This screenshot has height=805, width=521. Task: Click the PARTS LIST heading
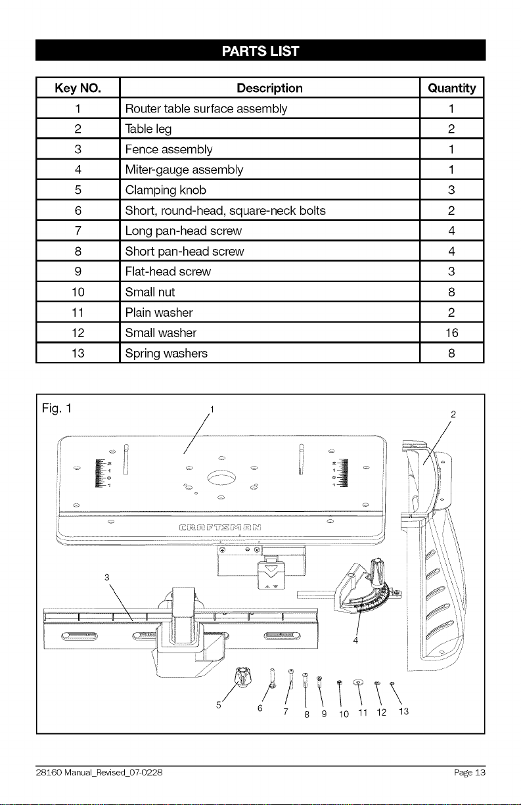260,51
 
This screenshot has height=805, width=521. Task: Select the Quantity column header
451,88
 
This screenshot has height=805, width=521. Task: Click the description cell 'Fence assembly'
168,150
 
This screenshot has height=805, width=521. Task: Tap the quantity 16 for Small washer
451,333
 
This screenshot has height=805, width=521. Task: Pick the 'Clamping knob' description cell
166,190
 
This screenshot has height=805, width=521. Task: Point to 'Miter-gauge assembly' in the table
184,170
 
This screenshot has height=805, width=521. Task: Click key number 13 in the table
78,354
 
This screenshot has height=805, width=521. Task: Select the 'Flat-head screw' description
168,271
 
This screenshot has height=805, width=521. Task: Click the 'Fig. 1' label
57,408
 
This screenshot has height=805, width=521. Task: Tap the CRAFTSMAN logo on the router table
220,528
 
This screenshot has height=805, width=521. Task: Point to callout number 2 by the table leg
453,415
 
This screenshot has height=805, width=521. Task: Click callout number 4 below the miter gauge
355,640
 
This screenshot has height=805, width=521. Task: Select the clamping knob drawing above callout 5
243,677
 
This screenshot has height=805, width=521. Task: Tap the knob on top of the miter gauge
378,569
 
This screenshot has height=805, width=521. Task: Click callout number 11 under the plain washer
363,712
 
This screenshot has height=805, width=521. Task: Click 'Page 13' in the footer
470,772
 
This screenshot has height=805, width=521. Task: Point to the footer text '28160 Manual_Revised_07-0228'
99,772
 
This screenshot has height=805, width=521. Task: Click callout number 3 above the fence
106,578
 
